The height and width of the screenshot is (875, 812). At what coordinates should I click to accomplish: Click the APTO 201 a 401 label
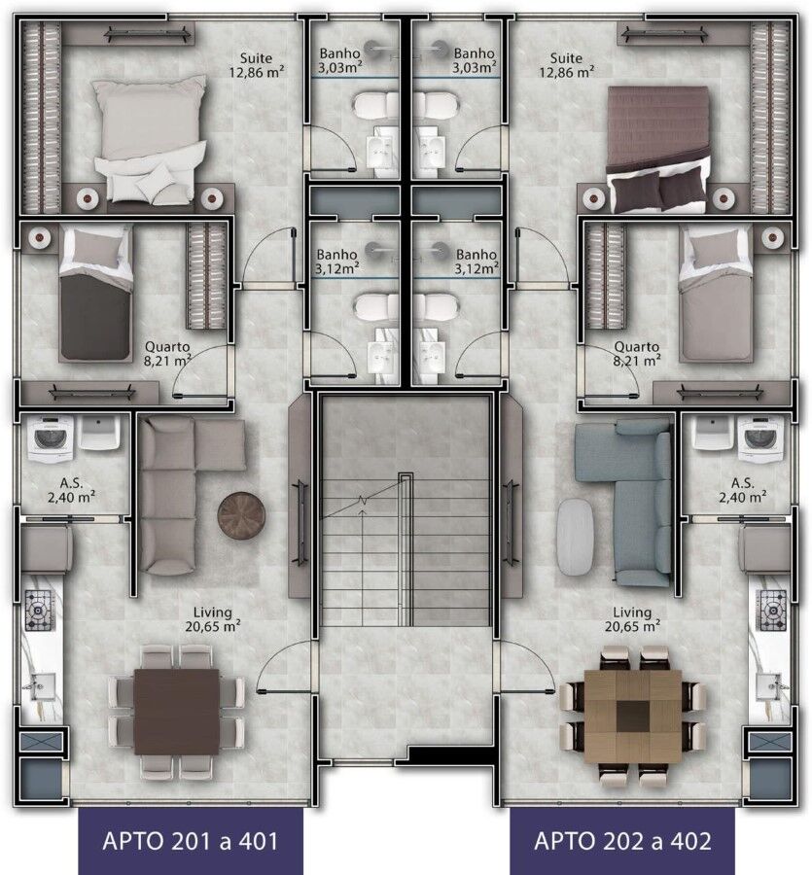[191, 841]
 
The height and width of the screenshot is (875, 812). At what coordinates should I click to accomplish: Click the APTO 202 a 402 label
[622, 841]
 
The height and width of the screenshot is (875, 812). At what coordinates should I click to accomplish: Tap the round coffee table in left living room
[241, 515]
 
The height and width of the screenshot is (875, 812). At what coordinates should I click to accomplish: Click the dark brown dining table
[176, 712]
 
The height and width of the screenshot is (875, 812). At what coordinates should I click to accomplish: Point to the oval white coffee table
[575, 537]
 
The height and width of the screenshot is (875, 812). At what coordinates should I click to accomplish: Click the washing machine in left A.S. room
[51, 438]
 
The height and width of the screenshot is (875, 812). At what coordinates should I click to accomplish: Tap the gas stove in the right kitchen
[771, 611]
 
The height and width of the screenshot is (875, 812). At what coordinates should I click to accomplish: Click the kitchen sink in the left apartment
[43, 687]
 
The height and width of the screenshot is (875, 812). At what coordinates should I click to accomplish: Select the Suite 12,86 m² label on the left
[256, 65]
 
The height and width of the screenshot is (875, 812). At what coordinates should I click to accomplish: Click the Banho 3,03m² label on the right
[474, 60]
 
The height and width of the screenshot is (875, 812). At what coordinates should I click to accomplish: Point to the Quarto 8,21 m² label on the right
[636, 354]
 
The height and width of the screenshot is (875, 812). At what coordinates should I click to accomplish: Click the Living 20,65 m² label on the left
[213, 619]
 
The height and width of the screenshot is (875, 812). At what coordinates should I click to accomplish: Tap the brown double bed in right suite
[658, 149]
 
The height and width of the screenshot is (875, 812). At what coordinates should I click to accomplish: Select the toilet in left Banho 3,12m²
[375, 307]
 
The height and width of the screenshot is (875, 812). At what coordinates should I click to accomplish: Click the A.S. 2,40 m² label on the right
[743, 490]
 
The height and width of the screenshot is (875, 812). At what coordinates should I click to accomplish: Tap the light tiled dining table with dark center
[633, 717]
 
